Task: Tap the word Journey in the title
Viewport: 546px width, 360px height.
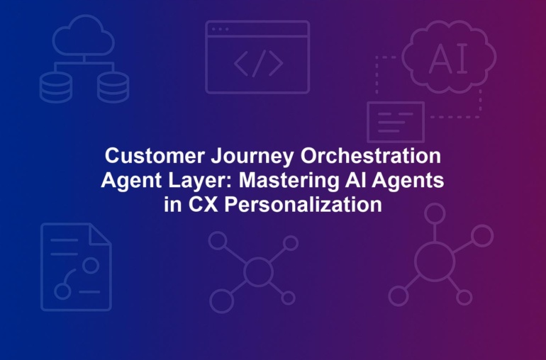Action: click(x=252, y=157)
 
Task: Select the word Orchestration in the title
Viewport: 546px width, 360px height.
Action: click(x=370, y=156)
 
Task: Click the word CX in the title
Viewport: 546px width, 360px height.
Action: click(x=203, y=204)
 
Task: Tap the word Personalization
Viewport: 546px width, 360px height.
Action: click(x=303, y=204)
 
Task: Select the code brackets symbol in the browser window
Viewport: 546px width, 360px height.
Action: click(x=258, y=63)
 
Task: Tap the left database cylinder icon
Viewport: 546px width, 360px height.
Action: click(x=56, y=87)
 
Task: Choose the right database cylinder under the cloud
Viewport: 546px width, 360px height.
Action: click(x=113, y=87)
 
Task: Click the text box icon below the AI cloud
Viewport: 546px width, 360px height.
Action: click(x=396, y=122)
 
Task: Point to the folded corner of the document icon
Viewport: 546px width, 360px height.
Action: click(x=99, y=234)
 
